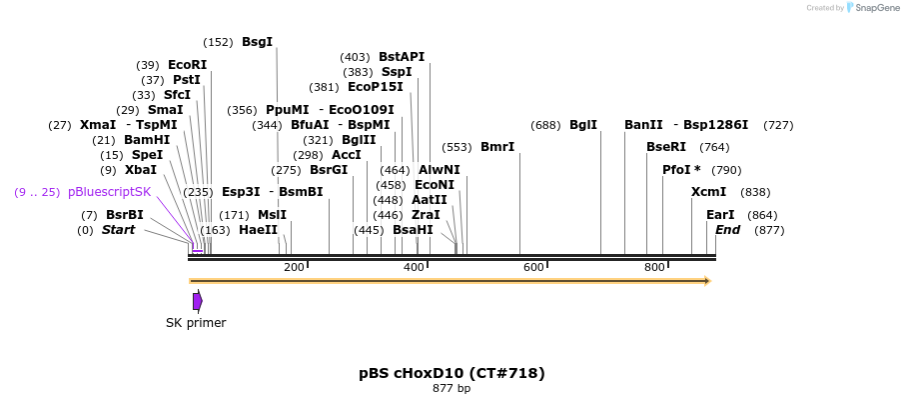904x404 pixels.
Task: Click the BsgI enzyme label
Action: coord(257,42)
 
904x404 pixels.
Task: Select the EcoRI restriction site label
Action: coord(187,65)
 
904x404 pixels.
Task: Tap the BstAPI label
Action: coord(402,57)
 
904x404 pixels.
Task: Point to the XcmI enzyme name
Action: coord(708,192)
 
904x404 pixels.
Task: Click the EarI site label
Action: coord(720,215)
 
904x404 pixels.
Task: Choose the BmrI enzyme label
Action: coord(497,147)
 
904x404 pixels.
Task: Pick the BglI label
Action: coord(583,125)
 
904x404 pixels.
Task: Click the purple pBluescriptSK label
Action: coord(110,192)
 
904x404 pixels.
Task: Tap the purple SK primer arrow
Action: coord(198,301)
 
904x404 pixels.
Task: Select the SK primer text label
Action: coord(196,323)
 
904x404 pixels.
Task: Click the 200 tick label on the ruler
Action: coord(294,267)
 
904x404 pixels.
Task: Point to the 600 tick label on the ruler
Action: coord(533,267)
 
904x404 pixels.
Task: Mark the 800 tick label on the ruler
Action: coord(654,267)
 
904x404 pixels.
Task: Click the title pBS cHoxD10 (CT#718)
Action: coord(452,373)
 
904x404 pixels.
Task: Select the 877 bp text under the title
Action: coord(452,388)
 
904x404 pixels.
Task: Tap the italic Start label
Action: coord(118,230)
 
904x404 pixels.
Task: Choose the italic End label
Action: coord(727,230)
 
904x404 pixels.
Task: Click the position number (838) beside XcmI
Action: coord(755,192)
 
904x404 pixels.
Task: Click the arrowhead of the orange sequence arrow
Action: coord(707,281)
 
